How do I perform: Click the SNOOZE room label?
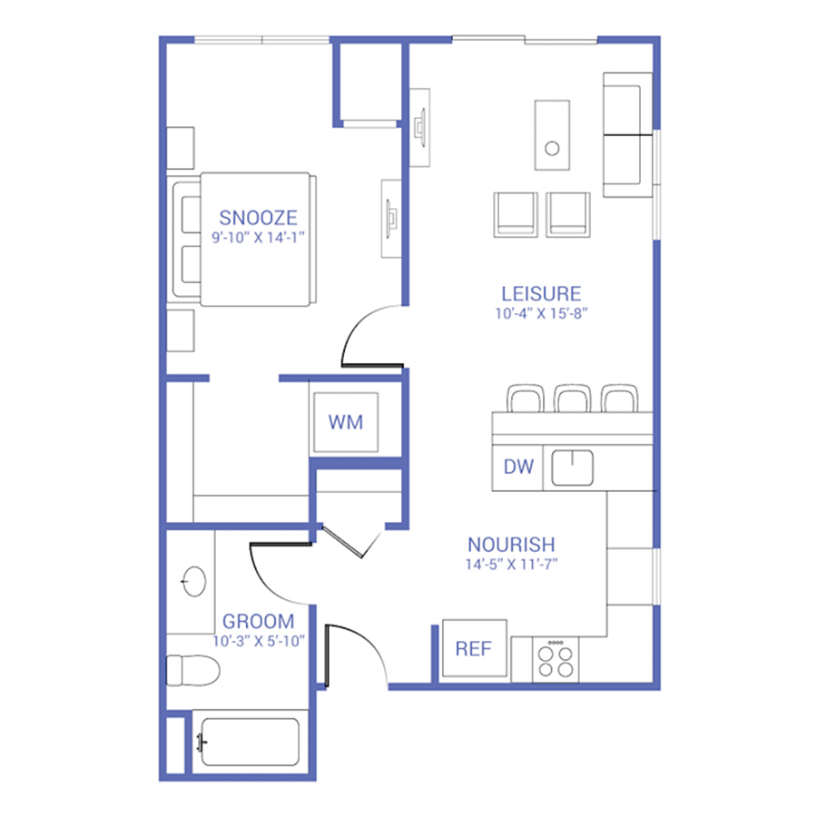pyautogui.click(x=258, y=218)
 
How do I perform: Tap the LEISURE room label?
pyautogui.click(x=541, y=294)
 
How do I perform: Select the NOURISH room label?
pyautogui.click(x=511, y=545)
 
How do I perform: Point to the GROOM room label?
pyautogui.click(x=258, y=621)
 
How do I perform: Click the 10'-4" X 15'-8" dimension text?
pyautogui.click(x=541, y=314)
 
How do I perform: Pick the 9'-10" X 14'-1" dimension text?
pyautogui.click(x=258, y=238)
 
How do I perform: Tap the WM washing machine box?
pyautogui.click(x=346, y=422)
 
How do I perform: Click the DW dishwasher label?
pyautogui.click(x=518, y=467)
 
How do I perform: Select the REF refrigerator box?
pyautogui.click(x=474, y=648)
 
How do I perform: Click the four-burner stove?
pyautogui.click(x=556, y=660)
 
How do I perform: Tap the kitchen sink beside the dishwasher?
pyautogui.click(x=572, y=468)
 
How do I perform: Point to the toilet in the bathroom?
pyautogui.click(x=192, y=671)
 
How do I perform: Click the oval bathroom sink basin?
pyautogui.click(x=194, y=581)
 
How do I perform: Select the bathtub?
pyautogui.click(x=251, y=742)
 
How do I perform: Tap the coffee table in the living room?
pyautogui.click(x=552, y=135)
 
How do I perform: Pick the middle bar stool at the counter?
pyautogui.click(x=572, y=399)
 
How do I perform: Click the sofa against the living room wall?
pyautogui.click(x=627, y=135)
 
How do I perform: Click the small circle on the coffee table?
pyautogui.click(x=552, y=149)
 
